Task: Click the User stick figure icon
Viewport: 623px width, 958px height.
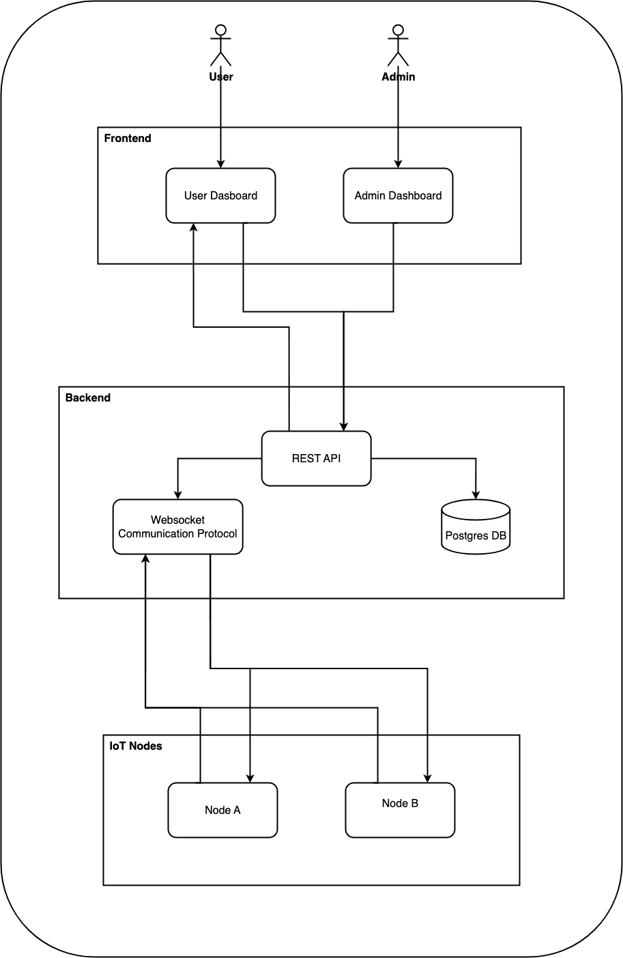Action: click(220, 46)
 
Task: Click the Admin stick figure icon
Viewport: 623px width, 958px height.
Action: click(398, 46)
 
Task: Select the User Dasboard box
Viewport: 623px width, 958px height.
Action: click(220, 195)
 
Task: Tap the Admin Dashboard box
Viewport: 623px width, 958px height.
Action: click(398, 195)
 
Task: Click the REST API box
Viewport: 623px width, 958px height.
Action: click(316, 458)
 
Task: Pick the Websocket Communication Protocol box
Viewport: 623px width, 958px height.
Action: click(177, 526)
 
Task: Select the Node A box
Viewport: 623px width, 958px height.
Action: click(222, 810)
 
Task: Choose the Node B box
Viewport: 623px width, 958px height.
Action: click(400, 810)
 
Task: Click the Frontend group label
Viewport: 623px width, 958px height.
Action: click(128, 139)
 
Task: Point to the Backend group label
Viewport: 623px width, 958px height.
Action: click(88, 398)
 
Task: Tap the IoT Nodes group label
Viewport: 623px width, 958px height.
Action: click(136, 746)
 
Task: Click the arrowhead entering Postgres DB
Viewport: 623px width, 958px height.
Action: click(476, 494)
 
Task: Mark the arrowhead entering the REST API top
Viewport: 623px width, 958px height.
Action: click(343, 425)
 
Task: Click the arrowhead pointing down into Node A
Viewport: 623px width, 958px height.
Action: click(250, 777)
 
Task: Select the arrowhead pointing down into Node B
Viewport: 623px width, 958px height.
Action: click(428, 777)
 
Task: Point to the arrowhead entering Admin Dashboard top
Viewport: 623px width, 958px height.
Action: click(398, 163)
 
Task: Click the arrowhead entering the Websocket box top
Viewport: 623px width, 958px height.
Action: click(177, 494)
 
